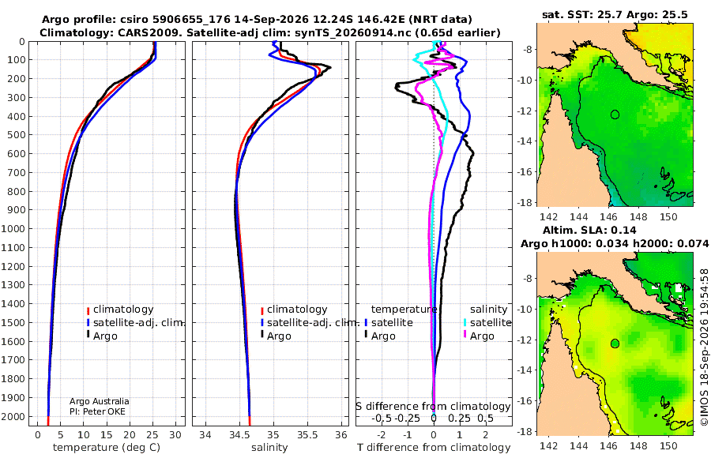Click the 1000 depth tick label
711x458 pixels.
pos(13,228)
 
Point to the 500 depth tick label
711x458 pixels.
pos(16,135)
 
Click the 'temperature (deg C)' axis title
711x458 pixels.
pos(107,448)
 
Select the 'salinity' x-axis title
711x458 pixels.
pos(269,448)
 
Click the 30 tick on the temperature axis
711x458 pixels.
pos(175,435)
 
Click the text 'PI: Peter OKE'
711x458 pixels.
pos(97,411)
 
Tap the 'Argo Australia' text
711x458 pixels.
pos(100,401)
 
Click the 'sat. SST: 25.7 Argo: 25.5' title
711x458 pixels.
pos(615,14)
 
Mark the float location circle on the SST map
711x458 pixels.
pos(615,114)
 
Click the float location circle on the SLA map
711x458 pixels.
pos(615,343)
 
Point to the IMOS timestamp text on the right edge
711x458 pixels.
pos(704,347)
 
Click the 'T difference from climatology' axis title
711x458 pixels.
pos(434,448)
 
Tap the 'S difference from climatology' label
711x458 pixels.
pos(433,407)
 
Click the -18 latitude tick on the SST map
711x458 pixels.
pos(525,202)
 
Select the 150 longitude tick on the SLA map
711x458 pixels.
pos(668,445)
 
